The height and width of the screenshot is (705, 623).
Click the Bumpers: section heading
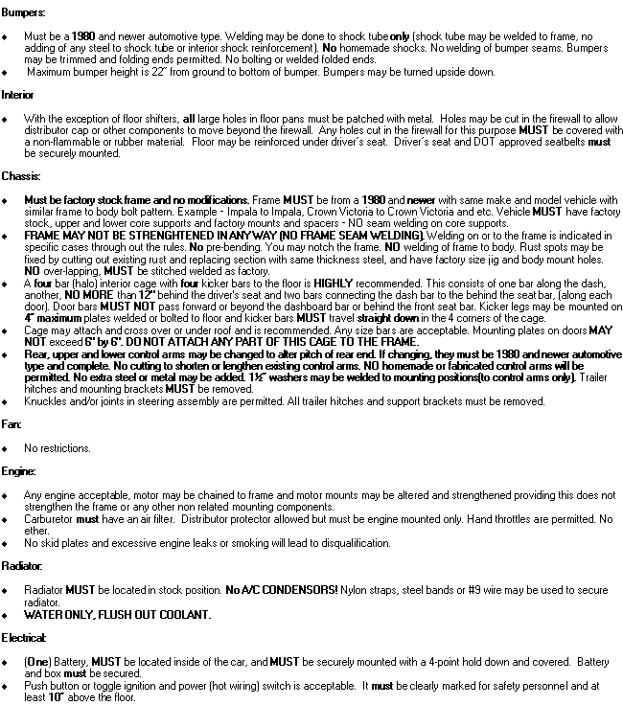point(22,11)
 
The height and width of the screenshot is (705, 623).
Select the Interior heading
point(18,96)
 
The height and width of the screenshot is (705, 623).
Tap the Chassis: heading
point(20,176)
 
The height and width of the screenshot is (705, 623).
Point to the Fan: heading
point(12,423)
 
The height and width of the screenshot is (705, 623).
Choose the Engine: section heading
point(18,471)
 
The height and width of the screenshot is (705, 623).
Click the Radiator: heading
point(22,565)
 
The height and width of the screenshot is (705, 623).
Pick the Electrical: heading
point(23,637)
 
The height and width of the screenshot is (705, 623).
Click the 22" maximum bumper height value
point(172,72)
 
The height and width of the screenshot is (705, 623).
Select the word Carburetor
point(47,518)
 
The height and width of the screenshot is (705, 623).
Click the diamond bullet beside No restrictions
point(7,448)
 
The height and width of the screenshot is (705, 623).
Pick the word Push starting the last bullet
point(35,686)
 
